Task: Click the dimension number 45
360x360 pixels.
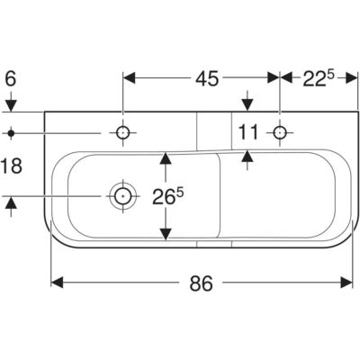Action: [207, 79]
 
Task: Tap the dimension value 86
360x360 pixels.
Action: [202, 283]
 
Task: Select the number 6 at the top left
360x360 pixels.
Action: [11, 79]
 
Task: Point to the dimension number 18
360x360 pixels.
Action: [12, 166]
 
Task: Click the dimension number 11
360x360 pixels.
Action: [248, 132]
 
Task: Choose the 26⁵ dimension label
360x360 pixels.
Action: [167, 196]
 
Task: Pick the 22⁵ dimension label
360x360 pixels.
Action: [318, 78]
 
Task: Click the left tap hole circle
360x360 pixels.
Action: [122, 132]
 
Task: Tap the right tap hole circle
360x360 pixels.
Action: [280, 132]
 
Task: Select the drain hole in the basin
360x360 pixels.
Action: [123, 196]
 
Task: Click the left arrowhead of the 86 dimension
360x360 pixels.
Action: [57, 283]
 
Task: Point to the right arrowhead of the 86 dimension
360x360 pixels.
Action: [346, 283]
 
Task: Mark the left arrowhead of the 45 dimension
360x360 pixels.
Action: [130, 77]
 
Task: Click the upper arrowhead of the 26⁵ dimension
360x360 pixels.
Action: [166, 158]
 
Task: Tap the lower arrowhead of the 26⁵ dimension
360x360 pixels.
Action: [166, 234]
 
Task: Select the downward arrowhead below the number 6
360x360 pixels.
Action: [11, 106]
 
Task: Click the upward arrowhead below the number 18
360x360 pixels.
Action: [11, 202]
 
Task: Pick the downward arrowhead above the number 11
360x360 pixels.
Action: [247, 105]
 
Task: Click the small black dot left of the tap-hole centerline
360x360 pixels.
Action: [11, 132]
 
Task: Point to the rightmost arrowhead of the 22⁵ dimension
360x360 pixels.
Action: [352, 77]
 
